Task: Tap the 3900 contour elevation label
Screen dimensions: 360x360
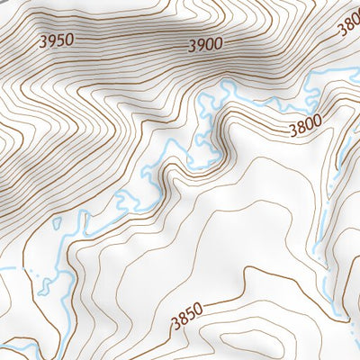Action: click(x=206, y=45)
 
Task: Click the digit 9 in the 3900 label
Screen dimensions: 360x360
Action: click(x=202, y=45)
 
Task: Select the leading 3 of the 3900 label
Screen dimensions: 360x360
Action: click(x=193, y=45)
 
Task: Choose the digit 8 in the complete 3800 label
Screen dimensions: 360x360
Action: click(x=301, y=130)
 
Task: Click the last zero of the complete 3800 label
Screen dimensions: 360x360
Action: click(x=318, y=124)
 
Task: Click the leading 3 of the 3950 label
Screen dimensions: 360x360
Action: click(x=44, y=40)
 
